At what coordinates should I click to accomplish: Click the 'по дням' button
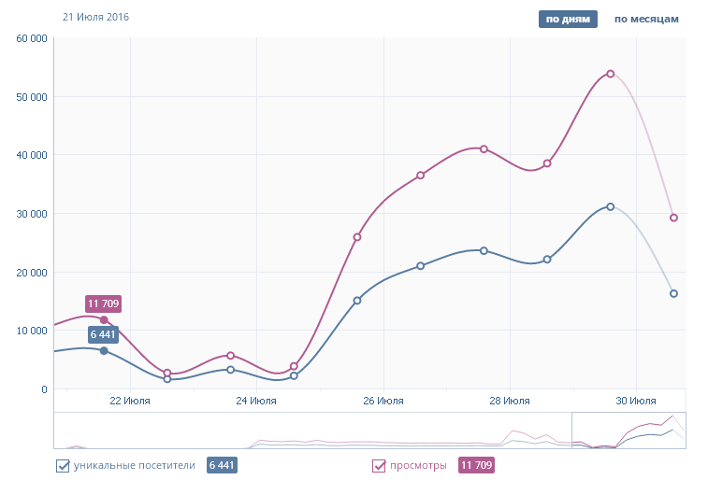[x=568, y=19]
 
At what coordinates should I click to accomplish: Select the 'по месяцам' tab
[x=645, y=19]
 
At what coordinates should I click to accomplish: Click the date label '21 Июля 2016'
[x=95, y=18]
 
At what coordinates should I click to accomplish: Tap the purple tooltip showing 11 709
[x=104, y=304]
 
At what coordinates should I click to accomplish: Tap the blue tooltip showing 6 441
[x=104, y=333]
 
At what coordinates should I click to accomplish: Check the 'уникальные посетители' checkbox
[x=64, y=465]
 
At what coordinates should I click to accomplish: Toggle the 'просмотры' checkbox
[x=379, y=465]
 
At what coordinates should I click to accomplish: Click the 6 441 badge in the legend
[x=222, y=465]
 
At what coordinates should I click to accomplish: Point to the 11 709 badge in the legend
[x=476, y=465]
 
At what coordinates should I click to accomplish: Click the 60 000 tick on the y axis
[x=32, y=38]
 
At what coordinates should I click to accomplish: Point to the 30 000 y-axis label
[x=32, y=214]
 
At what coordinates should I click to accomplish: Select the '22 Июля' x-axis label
[x=129, y=401]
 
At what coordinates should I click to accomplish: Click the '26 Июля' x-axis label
[x=383, y=401]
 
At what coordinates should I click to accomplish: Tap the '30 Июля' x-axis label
[x=636, y=401]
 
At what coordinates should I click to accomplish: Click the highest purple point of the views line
[x=610, y=74]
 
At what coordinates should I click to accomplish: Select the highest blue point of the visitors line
[x=610, y=206]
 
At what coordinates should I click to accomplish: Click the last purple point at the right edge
[x=673, y=218]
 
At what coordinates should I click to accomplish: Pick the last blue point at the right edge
[x=673, y=293]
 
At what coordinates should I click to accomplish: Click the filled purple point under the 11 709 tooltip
[x=104, y=319]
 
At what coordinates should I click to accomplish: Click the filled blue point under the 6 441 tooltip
[x=104, y=350]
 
